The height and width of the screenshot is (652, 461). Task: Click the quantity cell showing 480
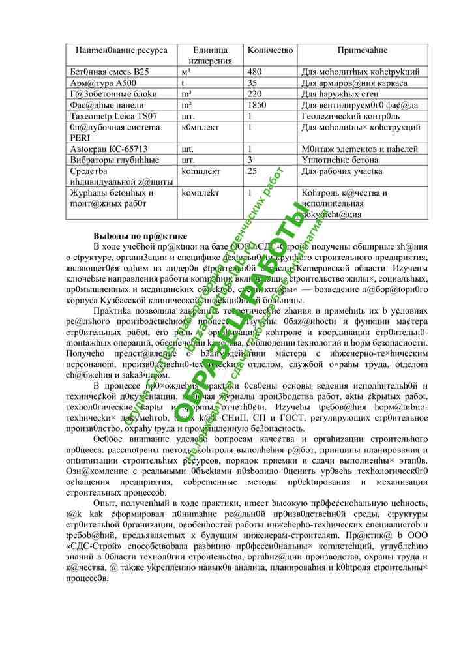(256, 72)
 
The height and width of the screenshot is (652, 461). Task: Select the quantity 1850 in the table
(258, 105)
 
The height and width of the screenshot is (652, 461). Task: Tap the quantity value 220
(256, 94)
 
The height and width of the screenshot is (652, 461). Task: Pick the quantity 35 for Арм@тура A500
(253, 83)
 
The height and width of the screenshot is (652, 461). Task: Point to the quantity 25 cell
(253, 171)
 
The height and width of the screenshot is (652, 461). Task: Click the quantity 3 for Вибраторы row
(250, 160)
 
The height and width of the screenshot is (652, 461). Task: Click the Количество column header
(271, 50)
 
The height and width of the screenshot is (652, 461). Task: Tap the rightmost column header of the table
(363, 50)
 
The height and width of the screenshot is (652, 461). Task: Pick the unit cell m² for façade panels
(186, 105)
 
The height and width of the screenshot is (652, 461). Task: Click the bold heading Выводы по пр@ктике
(140, 235)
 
